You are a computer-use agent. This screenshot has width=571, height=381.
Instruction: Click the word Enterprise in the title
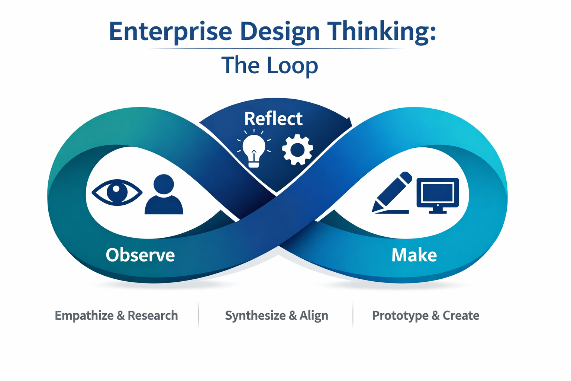[x=171, y=32]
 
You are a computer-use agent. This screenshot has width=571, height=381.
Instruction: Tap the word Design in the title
[x=280, y=32]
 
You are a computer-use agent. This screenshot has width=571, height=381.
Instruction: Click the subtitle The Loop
[x=270, y=65]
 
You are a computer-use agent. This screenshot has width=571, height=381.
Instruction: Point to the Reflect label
[x=273, y=119]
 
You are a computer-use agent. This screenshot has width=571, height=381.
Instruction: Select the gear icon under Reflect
[x=297, y=150]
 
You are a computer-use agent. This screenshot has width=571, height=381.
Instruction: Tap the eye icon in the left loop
[x=117, y=192]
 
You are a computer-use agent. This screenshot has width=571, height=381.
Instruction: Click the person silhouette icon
[x=164, y=195]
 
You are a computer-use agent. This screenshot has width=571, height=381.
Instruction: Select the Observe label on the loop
[x=140, y=255]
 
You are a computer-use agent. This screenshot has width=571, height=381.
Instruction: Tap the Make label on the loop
[x=414, y=255]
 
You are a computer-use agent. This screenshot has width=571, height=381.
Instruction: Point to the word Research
[x=153, y=316]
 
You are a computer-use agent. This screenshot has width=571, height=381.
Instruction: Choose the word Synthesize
[x=255, y=316]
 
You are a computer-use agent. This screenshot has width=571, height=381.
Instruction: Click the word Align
[x=314, y=316]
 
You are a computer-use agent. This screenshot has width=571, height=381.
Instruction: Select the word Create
[x=461, y=316]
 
